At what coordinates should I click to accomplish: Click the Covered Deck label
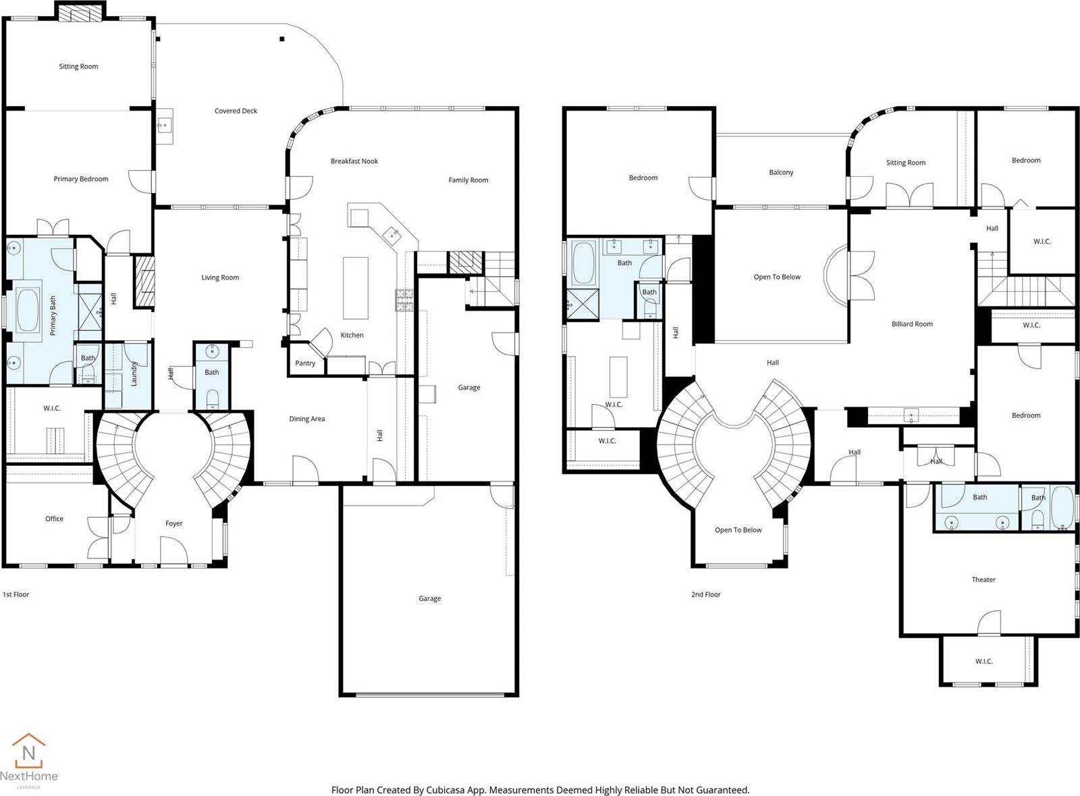(x=236, y=111)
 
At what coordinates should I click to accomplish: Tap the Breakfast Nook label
(x=354, y=161)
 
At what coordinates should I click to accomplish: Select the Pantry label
(x=305, y=363)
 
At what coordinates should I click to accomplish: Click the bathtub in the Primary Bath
(x=28, y=311)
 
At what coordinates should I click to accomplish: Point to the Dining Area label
(x=307, y=419)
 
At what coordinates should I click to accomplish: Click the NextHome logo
(x=29, y=760)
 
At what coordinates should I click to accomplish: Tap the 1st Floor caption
(x=16, y=595)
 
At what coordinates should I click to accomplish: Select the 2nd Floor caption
(x=705, y=595)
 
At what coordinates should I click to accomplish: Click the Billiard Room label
(x=912, y=324)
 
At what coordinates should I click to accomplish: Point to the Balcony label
(x=781, y=173)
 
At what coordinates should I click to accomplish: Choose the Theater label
(x=983, y=580)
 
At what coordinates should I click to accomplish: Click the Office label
(x=55, y=519)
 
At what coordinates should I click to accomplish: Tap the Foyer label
(x=174, y=523)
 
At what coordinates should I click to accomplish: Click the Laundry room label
(x=134, y=373)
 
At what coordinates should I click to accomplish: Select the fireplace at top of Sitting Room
(x=80, y=13)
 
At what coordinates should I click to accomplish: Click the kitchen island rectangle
(x=356, y=288)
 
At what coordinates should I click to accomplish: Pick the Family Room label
(x=468, y=180)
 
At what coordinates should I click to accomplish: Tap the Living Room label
(x=220, y=277)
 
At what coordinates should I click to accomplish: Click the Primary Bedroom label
(x=81, y=180)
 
